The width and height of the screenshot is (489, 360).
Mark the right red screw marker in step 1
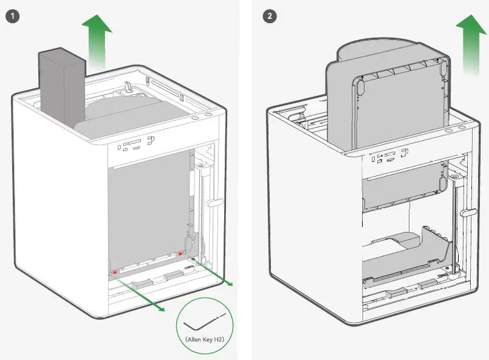181,255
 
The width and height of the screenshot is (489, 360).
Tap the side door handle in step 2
466,212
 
